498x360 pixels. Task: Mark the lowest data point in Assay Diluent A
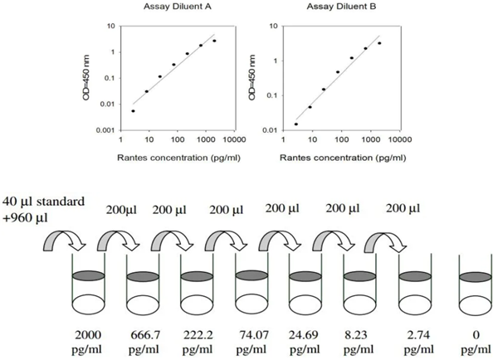click(x=133, y=110)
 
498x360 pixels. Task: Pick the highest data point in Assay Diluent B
click(x=379, y=43)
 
